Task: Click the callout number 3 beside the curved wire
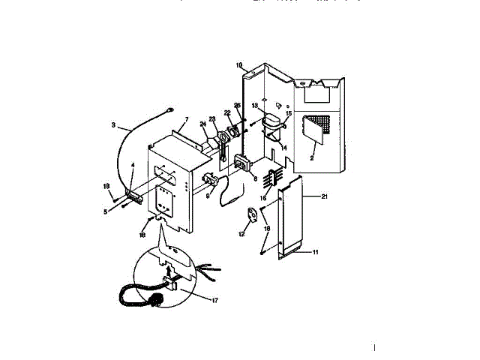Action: (x=113, y=125)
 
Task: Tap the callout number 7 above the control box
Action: (x=186, y=120)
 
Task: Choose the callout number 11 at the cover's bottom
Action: (x=316, y=253)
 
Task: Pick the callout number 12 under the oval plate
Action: (x=241, y=235)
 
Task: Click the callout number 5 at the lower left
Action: (x=106, y=211)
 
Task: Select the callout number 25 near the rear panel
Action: (x=237, y=106)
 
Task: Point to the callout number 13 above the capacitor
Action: (x=254, y=105)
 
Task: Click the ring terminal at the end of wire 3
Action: (x=169, y=109)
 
